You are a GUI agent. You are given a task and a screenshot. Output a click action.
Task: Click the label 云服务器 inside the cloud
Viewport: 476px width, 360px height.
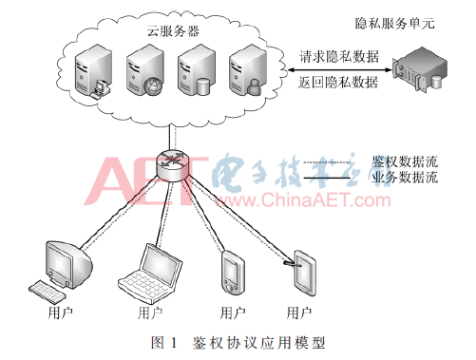(173, 31)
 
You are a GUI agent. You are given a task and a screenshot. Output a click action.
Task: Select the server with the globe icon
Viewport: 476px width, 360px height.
(145, 70)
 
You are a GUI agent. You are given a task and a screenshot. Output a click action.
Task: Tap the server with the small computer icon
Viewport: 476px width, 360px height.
(93, 71)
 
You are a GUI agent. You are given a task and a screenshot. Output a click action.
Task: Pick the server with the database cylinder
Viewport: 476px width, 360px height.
(197, 70)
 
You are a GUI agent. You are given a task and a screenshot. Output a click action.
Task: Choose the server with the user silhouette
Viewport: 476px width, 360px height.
(248, 70)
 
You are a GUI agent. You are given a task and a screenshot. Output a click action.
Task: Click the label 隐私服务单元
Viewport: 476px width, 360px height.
(394, 24)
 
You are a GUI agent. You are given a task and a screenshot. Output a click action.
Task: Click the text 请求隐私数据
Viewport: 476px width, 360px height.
(339, 57)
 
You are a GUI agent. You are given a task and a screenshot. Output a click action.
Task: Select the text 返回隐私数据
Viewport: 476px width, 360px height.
(338, 83)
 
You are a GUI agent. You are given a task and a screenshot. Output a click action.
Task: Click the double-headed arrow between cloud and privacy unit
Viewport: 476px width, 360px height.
(339, 69)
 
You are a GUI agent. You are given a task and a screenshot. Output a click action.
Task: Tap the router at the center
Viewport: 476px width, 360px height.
(174, 165)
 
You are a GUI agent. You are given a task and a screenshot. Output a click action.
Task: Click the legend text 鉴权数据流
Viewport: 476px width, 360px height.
(405, 161)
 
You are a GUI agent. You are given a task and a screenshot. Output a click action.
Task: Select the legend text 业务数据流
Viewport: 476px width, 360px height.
(405, 177)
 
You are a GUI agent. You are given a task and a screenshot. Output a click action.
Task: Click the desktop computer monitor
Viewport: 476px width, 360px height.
(68, 265)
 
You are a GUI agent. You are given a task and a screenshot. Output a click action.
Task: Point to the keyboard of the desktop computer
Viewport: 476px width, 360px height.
(48, 292)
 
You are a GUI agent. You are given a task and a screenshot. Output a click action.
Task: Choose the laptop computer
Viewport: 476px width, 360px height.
(150, 274)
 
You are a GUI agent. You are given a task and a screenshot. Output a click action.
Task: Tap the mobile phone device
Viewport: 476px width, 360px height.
(233, 273)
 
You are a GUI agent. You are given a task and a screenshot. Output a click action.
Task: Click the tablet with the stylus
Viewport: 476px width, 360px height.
(304, 273)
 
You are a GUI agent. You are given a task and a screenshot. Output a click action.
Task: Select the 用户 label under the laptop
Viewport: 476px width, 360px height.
(150, 313)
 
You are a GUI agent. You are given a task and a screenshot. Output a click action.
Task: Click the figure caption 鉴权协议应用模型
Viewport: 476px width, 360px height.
(258, 343)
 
